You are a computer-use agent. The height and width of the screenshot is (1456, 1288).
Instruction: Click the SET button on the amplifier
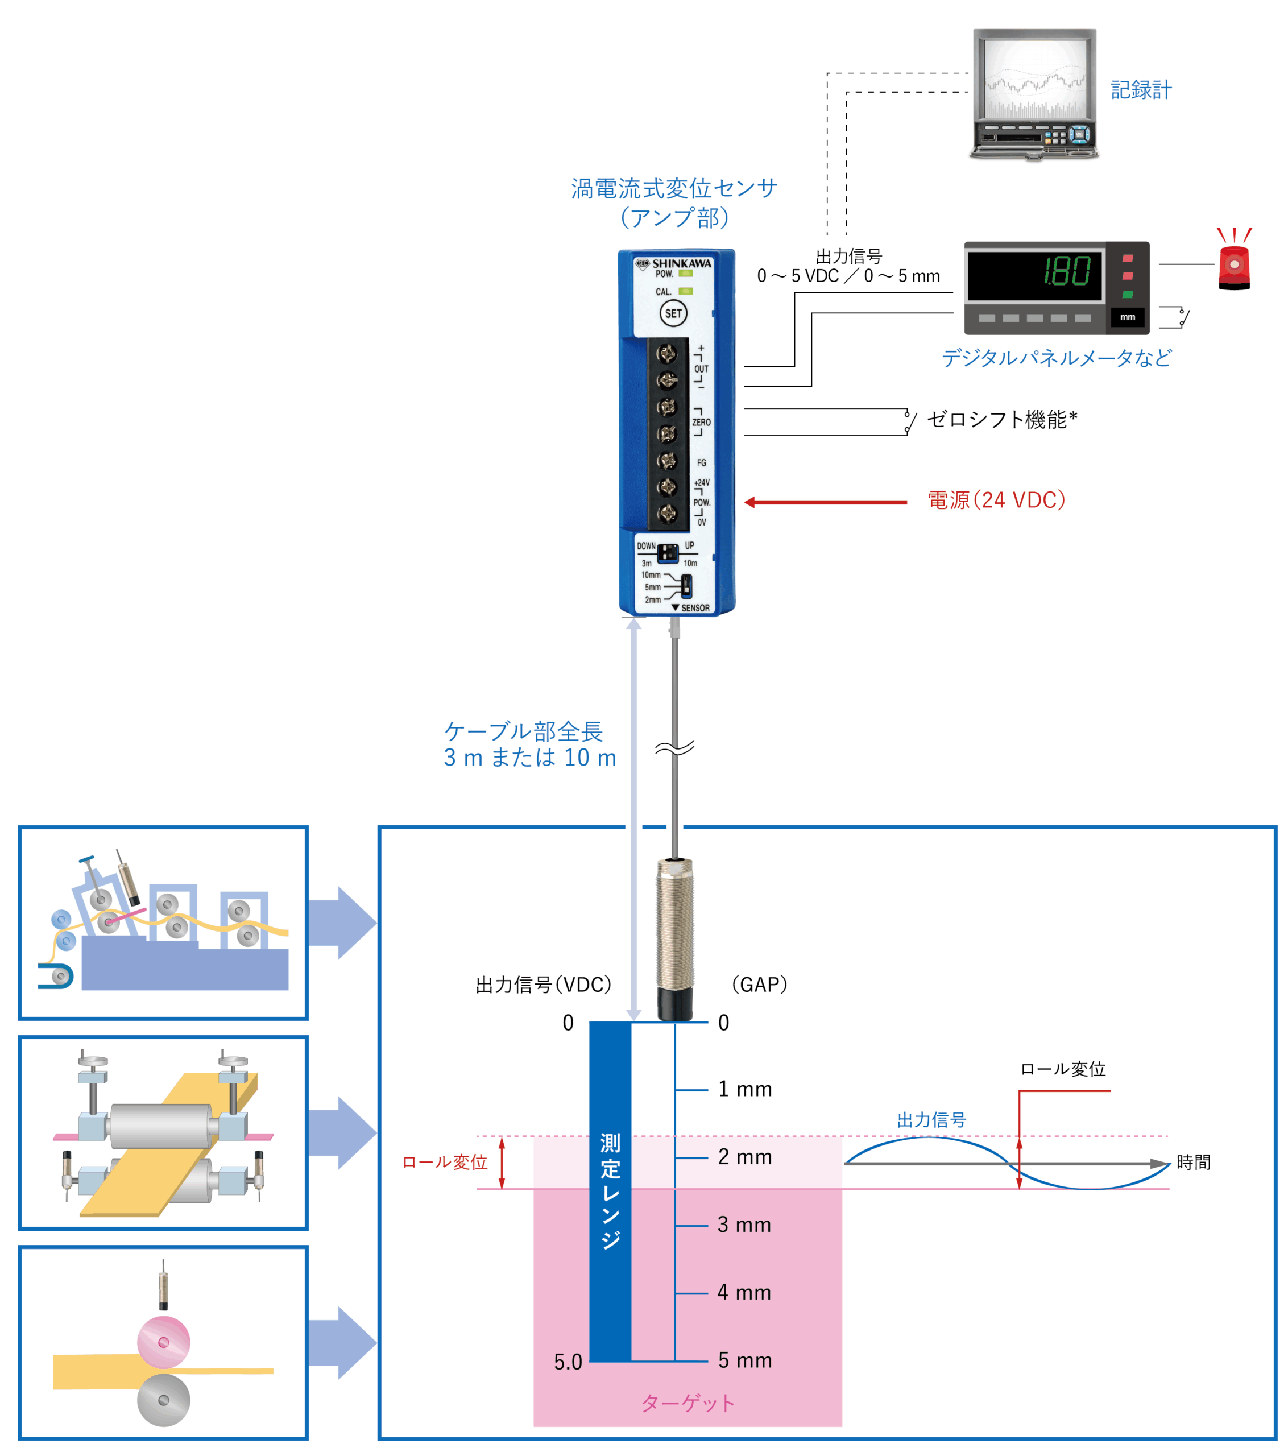tap(673, 313)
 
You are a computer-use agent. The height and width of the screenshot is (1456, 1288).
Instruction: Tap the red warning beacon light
tap(1233, 266)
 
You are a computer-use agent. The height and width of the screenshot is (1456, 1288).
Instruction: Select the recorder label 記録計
tap(1141, 90)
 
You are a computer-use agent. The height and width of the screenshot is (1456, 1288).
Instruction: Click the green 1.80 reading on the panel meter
tap(1066, 271)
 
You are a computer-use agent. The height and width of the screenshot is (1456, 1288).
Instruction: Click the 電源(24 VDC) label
tap(995, 500)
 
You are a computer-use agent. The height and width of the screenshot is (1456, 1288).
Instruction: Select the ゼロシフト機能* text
tap(1001, 420)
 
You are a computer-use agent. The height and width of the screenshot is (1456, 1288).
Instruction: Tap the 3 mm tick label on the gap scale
tap(744, 1225)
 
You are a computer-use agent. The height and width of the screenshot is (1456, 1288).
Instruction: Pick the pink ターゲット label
tap(688, 1403)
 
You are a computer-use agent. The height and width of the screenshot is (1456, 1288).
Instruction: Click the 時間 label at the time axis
tap(1193, 1163)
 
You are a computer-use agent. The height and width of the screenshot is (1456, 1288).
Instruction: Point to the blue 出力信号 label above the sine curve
tap(930, 1120)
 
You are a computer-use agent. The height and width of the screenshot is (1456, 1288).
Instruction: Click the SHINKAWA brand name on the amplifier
tap(681, 263)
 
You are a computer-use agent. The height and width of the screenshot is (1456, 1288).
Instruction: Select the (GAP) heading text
tap(759, 985)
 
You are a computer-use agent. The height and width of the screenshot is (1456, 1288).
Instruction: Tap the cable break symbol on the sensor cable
tap(674, 747)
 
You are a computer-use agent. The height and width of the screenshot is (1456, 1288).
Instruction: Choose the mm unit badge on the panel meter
tap(1127, 317)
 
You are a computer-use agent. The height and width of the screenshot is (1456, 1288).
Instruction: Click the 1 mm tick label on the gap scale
tap(744, 1089)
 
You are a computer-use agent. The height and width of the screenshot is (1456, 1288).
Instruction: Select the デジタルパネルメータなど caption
tap(1056, 358)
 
